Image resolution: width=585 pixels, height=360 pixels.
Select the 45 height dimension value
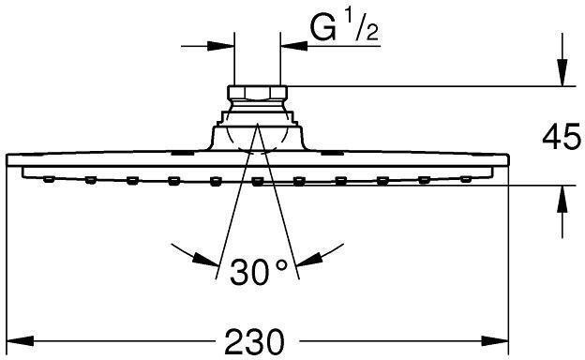tap(561, 139)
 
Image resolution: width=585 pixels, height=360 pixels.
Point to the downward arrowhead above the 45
tap(561, 76)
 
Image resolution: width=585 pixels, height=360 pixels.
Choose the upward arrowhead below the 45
tap(561, 198)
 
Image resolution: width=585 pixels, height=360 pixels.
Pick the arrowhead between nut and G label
tap(293, 44)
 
